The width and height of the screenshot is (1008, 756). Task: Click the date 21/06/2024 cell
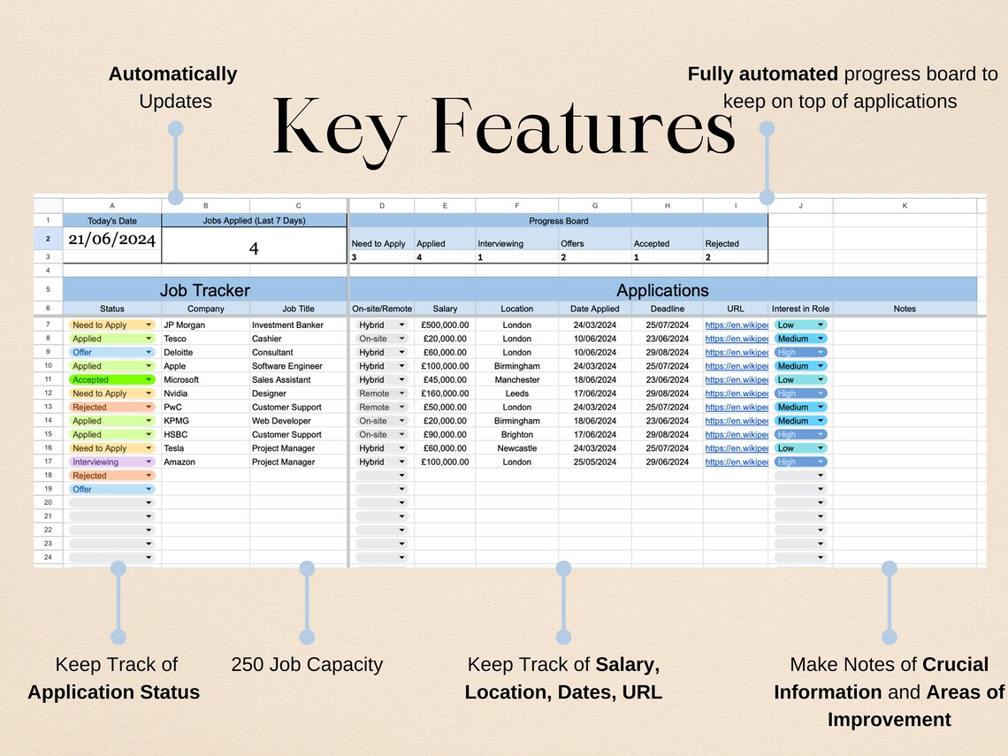[111, 240]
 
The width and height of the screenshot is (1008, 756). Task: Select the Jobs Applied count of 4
[254, 248]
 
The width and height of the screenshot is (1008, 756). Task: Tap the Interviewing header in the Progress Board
[500, 243]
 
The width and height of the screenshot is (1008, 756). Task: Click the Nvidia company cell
[176, 393]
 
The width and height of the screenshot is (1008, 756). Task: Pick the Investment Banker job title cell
[287, 325]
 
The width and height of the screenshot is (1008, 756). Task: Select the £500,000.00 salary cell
[445, 325]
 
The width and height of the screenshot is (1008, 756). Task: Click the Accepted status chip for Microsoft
[111, 379]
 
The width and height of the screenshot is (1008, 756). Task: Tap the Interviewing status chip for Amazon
[111, 462]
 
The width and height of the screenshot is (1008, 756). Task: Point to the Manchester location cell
[516, 379]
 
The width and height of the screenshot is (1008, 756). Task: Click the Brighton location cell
[516, 434]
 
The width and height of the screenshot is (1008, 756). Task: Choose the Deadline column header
[667, 309]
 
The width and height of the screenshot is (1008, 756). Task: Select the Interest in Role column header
[800, 309]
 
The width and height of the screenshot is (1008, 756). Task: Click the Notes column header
[905, 309]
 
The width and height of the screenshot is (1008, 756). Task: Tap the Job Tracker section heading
[204, 290]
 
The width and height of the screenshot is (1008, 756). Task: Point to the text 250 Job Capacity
[307, 665]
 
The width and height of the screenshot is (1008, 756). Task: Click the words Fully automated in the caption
[763, 74]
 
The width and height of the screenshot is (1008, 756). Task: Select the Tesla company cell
[175, 448]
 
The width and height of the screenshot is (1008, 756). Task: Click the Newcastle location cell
[516, 448]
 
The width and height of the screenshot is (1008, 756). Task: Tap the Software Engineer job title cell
[287, 366]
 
